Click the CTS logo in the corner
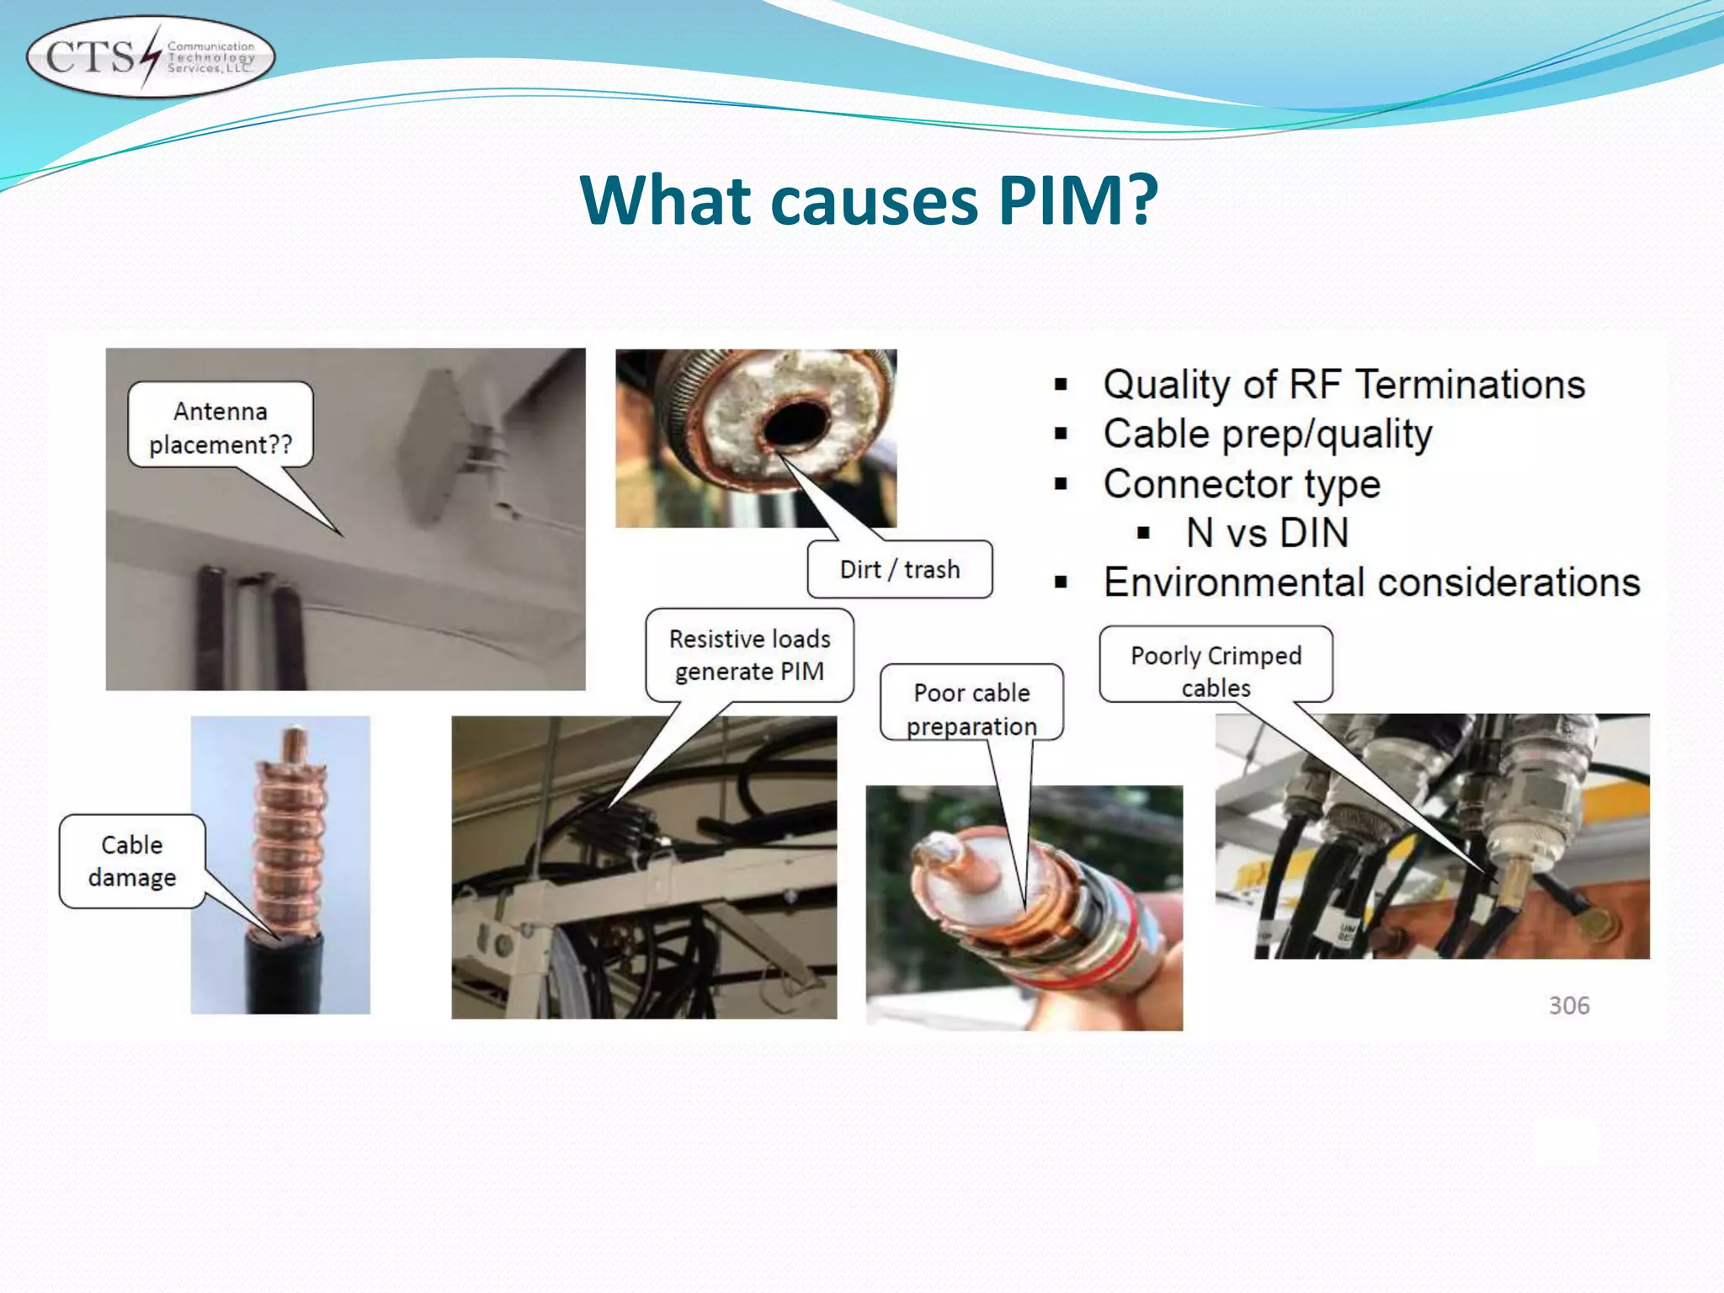pos(151,57)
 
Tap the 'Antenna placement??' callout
pos(221,427)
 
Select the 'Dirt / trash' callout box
pos(899,570)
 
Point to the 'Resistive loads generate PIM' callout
pos(749,655)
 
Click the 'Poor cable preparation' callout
pos(971,708)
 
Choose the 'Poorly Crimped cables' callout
pos(1216,670)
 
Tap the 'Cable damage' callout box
pos(132,860)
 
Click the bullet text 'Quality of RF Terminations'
pos(1344,385)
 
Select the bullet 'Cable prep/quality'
pos(1267,434)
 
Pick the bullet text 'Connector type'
pos(1242,484)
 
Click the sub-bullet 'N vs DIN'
pos(1267,533)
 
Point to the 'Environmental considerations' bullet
pos(1371,583)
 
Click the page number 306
pos(1569,1005)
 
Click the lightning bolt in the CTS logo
pos(150,57)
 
